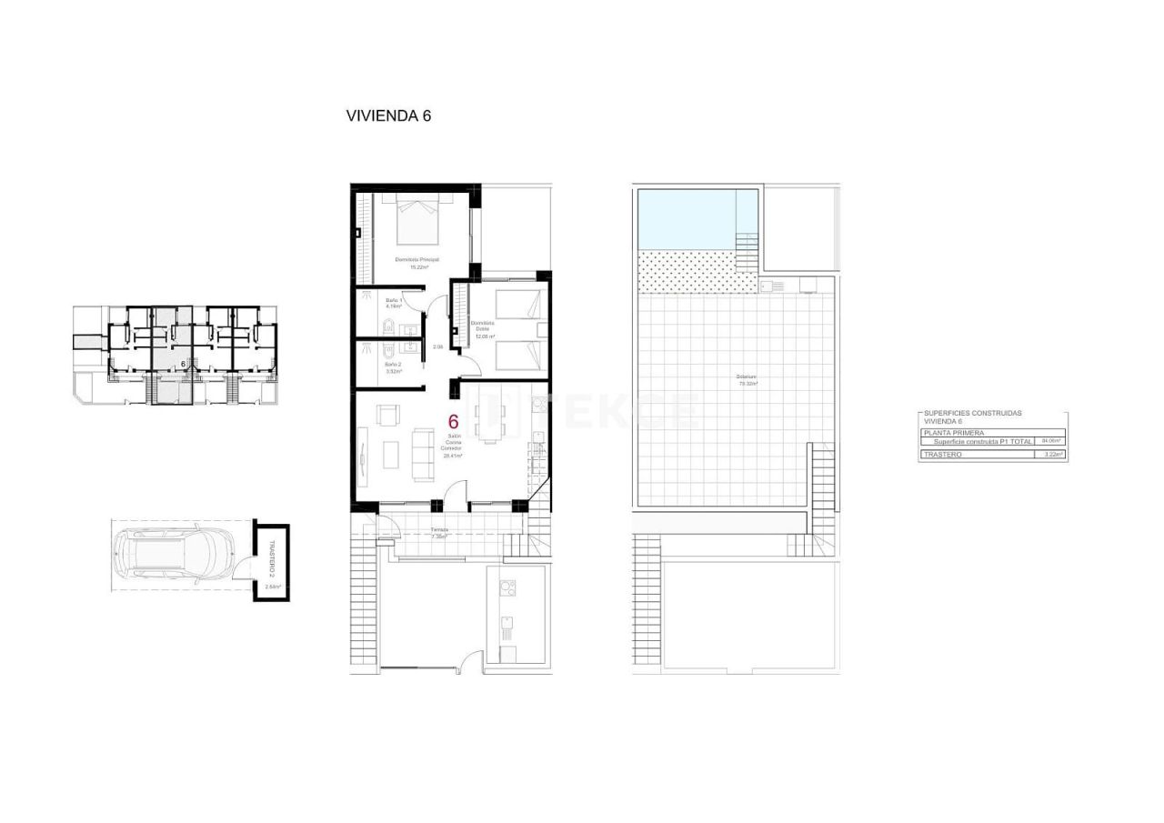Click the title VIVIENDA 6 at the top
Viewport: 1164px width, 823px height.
tap(387, 115)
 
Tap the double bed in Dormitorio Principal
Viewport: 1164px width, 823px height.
tap(418, 218)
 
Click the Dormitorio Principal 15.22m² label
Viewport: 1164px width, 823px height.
tap(417, 263)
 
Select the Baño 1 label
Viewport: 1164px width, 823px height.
tap(393, 303)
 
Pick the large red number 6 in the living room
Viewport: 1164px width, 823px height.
tap(453, 421)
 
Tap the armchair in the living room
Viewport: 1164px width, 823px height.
tap(387, 417)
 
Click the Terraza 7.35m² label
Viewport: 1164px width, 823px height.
tap(439, 532)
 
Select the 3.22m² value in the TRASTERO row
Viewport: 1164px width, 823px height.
tap(1054, 454)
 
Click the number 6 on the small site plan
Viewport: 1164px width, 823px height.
tap(184, 363)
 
